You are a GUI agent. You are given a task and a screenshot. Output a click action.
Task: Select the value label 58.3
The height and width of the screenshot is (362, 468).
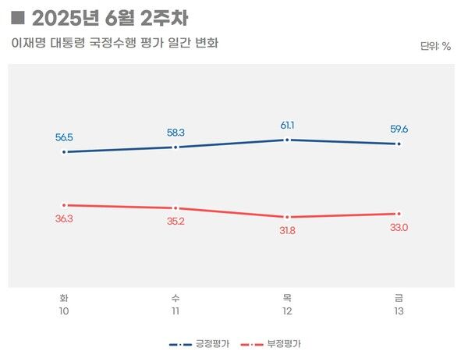tap(176, 133)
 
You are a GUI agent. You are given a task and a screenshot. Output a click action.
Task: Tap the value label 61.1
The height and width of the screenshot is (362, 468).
tap(288, 126)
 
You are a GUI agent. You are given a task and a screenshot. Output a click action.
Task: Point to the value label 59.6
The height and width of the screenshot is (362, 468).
tap(399, 130)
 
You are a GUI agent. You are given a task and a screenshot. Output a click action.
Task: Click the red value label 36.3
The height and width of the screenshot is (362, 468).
tap(65, 219)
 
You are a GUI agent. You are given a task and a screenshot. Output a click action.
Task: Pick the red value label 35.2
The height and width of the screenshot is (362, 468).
tap(176, 222)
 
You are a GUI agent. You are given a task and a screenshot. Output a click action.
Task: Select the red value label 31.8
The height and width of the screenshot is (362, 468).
tap(288, 231)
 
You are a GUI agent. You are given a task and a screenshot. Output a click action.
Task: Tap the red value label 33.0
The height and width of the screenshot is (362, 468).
tap(399, 228)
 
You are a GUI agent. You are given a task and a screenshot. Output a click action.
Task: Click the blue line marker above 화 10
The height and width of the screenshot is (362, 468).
tap(65, 152)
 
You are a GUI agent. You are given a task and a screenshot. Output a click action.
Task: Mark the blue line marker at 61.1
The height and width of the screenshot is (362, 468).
tap(288, 140)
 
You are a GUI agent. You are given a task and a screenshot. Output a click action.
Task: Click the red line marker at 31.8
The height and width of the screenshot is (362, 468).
tap(288, 217)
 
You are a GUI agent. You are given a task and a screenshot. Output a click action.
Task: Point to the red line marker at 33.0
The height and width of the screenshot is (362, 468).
tap(399, 214)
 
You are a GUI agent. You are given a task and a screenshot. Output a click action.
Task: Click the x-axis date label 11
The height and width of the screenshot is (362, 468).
tap(176, 311)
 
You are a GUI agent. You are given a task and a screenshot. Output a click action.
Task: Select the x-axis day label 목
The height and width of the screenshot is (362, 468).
tap(288, 298)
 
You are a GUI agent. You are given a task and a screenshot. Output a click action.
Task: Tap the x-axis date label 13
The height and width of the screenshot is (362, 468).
tap(399, 311)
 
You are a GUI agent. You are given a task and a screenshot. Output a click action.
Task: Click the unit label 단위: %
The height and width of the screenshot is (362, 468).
tap(435, 46)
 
